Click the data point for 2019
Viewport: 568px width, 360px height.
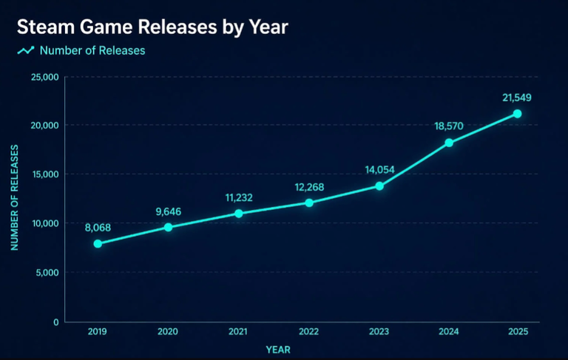point(98,244)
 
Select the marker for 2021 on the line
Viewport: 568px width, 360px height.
point(239,214)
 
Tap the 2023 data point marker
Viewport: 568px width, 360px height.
point(379,186)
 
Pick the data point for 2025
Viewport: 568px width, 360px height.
point(517,114)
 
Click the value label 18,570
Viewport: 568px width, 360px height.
point(449,126)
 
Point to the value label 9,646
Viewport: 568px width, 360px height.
point(169,211)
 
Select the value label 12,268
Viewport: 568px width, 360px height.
point(309,187)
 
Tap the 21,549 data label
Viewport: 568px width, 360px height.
point(517,98)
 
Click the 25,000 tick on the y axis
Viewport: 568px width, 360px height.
point(44,77)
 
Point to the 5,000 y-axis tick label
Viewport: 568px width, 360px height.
point(47,272)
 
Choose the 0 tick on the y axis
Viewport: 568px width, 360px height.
point(55,322)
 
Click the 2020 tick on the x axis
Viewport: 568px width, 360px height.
point(168,331)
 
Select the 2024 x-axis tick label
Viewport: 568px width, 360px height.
point(449,331)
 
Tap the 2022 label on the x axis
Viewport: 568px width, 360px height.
point(308,331)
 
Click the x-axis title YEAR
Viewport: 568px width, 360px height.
point(278,350)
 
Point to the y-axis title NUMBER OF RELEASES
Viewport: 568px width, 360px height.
point(15,197)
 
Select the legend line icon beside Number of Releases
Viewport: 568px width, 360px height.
point(26,50)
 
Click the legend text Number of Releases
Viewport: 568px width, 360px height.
point(92,50)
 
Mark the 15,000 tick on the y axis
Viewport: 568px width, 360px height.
point(46,174)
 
